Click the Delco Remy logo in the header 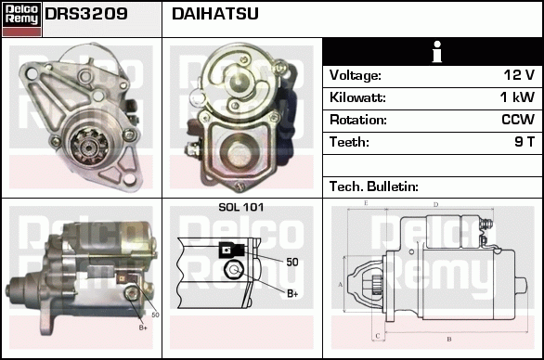click(21, 19)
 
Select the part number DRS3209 click(86, 14)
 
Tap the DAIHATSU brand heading click(215, 14)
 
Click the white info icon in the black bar click(437, 52)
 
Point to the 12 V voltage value click(519, 75)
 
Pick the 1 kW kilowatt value click(517, 97)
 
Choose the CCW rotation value click(518, 120)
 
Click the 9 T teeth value click(525, 142)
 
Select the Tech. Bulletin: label click(374, 186)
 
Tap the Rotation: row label click(358, 120)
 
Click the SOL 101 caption click(241, 207)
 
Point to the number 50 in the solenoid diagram click(292, 262)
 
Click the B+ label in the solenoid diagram click(292, 294)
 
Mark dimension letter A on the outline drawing click(340, 285)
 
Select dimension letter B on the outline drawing click(449, 339)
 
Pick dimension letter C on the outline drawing click(378, 336)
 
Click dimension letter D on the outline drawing click(435, 205)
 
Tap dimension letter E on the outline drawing click(366, 203)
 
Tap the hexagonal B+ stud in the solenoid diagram click(234, 270)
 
